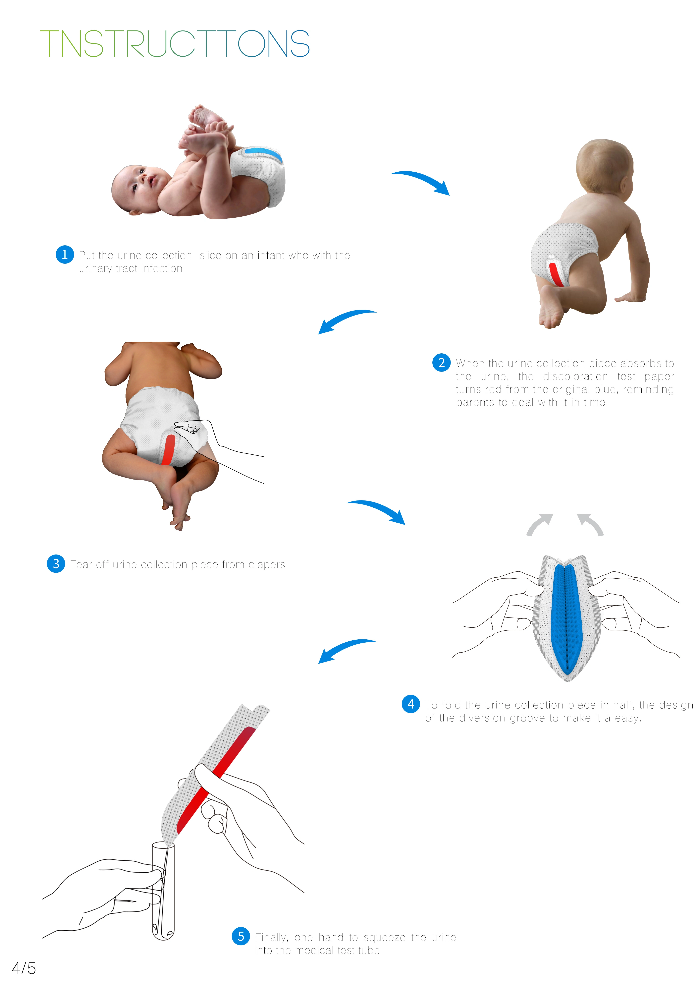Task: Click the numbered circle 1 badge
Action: click(65, 255)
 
